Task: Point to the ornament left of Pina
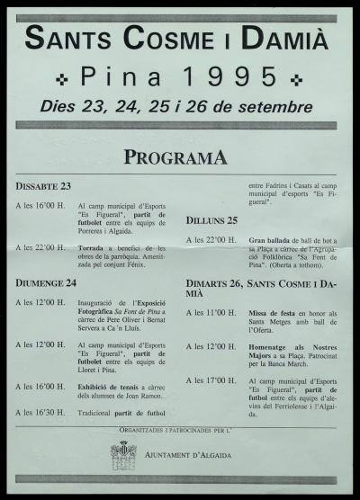60,77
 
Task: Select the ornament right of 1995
297,77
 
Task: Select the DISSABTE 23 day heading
42,186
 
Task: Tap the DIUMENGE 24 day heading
46,282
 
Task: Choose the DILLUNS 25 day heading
212,220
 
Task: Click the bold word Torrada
94,246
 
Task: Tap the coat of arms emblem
123,454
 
